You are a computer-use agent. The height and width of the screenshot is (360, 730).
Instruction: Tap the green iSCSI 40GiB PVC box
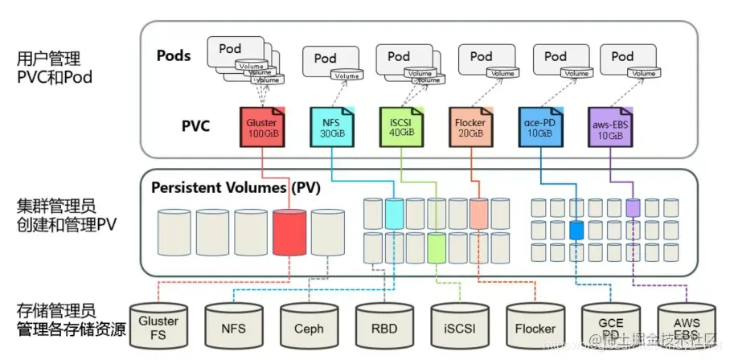pyautogui.click(x=398, y=125)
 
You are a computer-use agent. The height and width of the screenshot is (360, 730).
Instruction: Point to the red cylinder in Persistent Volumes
pyautogui.click(x=289, y=232)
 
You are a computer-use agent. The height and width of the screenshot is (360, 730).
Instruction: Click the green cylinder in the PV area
pyautogui.click(x=436, y=245)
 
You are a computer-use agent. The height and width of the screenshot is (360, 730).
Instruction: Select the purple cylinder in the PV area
pyautogui.click(x=633, y=208)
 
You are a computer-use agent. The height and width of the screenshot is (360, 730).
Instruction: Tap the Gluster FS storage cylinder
pyautogui.click(x=158, y=325)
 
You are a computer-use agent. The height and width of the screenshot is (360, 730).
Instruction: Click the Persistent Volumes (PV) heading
pyautogui.click(x=236, y=188)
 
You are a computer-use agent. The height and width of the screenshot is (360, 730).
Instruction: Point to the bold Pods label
pyautogui.click(x=174, y=55)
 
